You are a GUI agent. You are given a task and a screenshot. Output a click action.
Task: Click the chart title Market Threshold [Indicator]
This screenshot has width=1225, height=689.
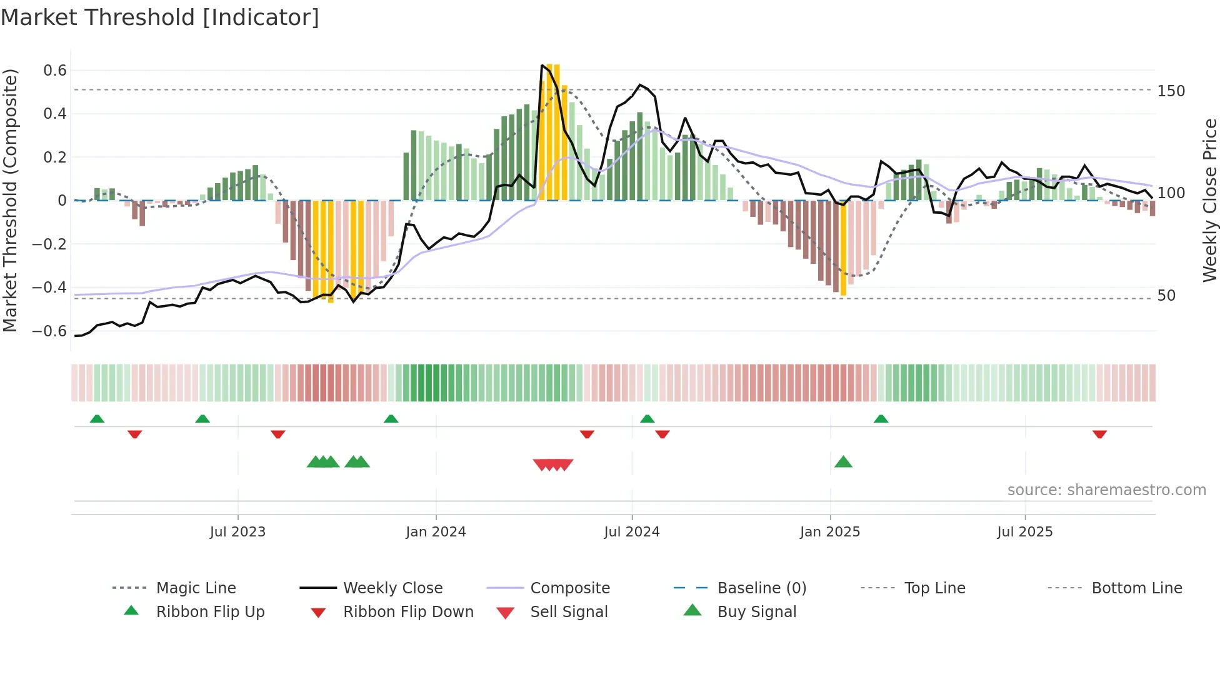coord(160,18)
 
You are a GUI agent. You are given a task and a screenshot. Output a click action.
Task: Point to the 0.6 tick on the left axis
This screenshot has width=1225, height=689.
coord(54,71)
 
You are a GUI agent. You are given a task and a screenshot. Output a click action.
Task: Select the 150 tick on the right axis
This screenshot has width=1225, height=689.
coord(1171,91)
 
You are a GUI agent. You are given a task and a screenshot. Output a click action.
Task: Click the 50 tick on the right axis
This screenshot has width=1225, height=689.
coord(1166,296)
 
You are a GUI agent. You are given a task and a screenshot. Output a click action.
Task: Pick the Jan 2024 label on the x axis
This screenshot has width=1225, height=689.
coord(436,532)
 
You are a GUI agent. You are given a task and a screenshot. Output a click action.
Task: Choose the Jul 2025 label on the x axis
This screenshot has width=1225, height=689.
coord(1024,532)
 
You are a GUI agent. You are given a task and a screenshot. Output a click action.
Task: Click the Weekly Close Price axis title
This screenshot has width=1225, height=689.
coord(1210,200)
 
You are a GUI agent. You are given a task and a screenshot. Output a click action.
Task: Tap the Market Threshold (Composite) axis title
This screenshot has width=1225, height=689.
coord(10,200)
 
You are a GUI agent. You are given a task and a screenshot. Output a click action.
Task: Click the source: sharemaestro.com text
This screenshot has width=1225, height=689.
coord(1106,490)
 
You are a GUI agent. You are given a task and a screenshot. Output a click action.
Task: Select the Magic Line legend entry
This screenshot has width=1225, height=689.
coord(196,588)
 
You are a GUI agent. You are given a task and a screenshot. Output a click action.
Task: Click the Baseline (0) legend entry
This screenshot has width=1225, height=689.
coord(761,588)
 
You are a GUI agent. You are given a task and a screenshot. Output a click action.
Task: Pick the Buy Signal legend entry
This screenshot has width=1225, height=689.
coord(756,612)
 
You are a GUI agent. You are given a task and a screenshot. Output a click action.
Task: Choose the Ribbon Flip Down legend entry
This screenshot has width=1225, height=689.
coord(408,612)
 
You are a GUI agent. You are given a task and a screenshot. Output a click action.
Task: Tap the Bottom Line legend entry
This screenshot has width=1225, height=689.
coord(1136,588)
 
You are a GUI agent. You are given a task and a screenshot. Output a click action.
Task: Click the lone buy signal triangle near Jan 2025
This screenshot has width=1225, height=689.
coord(843,462)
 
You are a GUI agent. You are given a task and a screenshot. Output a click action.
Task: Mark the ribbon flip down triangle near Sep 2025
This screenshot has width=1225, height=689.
coord(1099,434)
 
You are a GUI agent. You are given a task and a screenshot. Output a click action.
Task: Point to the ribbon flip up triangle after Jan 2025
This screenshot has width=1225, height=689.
coord(881,419)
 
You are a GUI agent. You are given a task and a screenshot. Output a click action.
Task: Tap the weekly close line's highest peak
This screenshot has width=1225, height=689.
coord(542,65)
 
